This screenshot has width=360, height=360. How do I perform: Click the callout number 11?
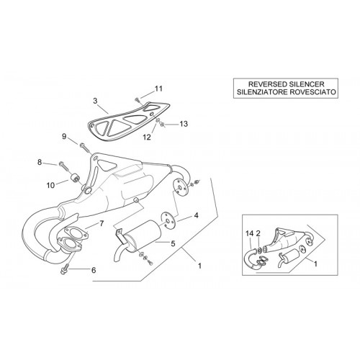pos(158,89)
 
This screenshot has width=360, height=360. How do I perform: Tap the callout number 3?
pos(95,101)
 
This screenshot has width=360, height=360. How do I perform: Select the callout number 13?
pos(184,124)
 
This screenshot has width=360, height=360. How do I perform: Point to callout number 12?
pos(147,137)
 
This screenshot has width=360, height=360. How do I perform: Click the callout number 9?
pos(64,137)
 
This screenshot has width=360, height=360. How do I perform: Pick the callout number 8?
pos(40,162)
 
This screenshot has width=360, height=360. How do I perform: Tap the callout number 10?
pos(50,185)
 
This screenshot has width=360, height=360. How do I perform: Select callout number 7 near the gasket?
pos(102,224)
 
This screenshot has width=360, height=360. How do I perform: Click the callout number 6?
pos(94,270)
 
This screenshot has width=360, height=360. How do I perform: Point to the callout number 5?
pos(173,244)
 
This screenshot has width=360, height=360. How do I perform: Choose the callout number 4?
pos(197,215)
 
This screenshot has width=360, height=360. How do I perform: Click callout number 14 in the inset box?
pos(250,233)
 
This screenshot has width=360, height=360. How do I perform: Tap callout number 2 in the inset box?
pos(258,233)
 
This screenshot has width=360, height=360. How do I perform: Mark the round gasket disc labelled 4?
pos(169,220)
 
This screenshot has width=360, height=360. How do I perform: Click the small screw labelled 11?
pos(138,99)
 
